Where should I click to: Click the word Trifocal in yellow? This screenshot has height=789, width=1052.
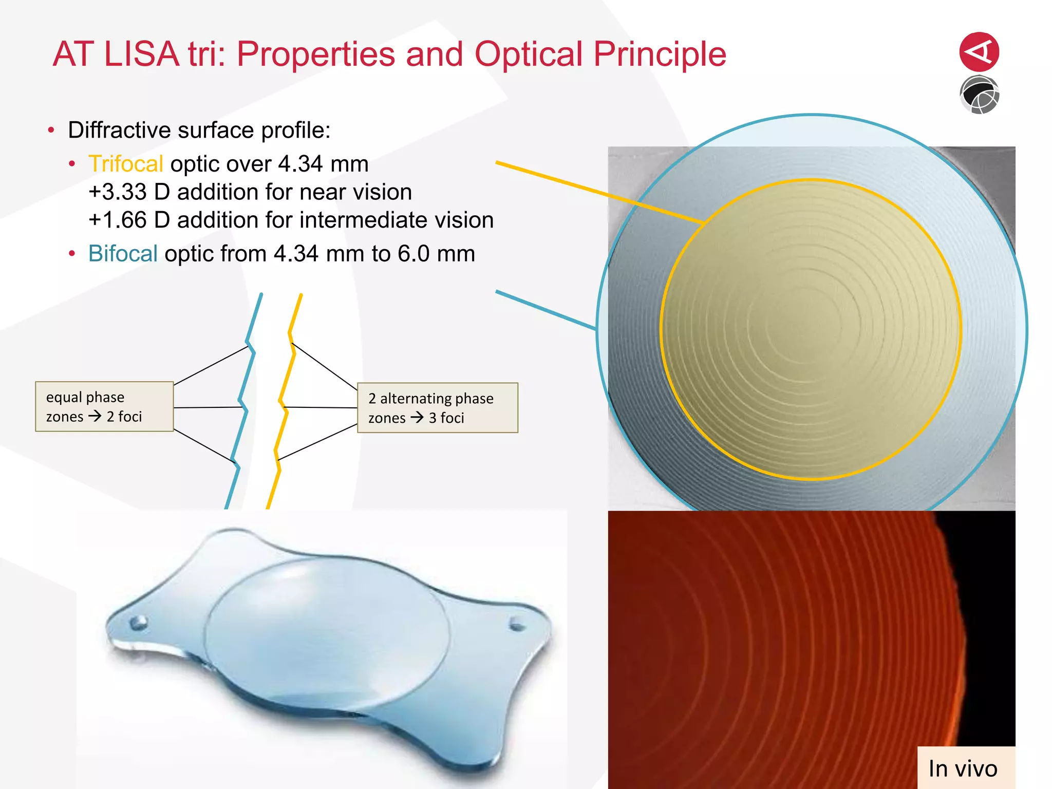coord(125,164)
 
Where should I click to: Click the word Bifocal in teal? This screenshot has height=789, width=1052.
coord(122,254)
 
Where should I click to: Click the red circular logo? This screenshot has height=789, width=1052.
coord(979,52)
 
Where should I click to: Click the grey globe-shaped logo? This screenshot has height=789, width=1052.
coord(979,95)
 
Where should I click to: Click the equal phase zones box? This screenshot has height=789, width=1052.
coord(104,406)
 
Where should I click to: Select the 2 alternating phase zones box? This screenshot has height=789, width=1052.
coord(437,408)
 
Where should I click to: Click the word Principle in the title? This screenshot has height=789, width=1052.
coord(660,54)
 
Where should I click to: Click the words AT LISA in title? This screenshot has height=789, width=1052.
coord(116,54)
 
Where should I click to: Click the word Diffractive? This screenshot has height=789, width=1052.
coord(119,130)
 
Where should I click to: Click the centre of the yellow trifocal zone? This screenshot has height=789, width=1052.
coord(810,329)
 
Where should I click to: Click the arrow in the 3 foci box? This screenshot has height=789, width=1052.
coord(417,417)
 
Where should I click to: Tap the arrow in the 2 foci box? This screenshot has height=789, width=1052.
coord(95,416)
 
